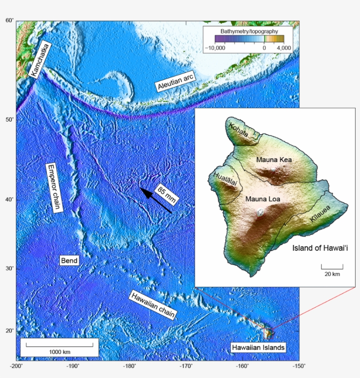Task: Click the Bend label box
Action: pos(69,261)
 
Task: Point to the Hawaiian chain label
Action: pos(153,305)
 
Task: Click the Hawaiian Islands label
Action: pos(259,348)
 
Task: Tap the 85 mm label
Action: pos(166,193)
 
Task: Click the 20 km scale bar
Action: pos(332,266)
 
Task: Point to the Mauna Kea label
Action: pos(274,160)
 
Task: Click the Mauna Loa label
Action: pos(263,199)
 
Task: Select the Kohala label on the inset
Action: pos(238,131)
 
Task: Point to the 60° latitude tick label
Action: pos(10,20)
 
